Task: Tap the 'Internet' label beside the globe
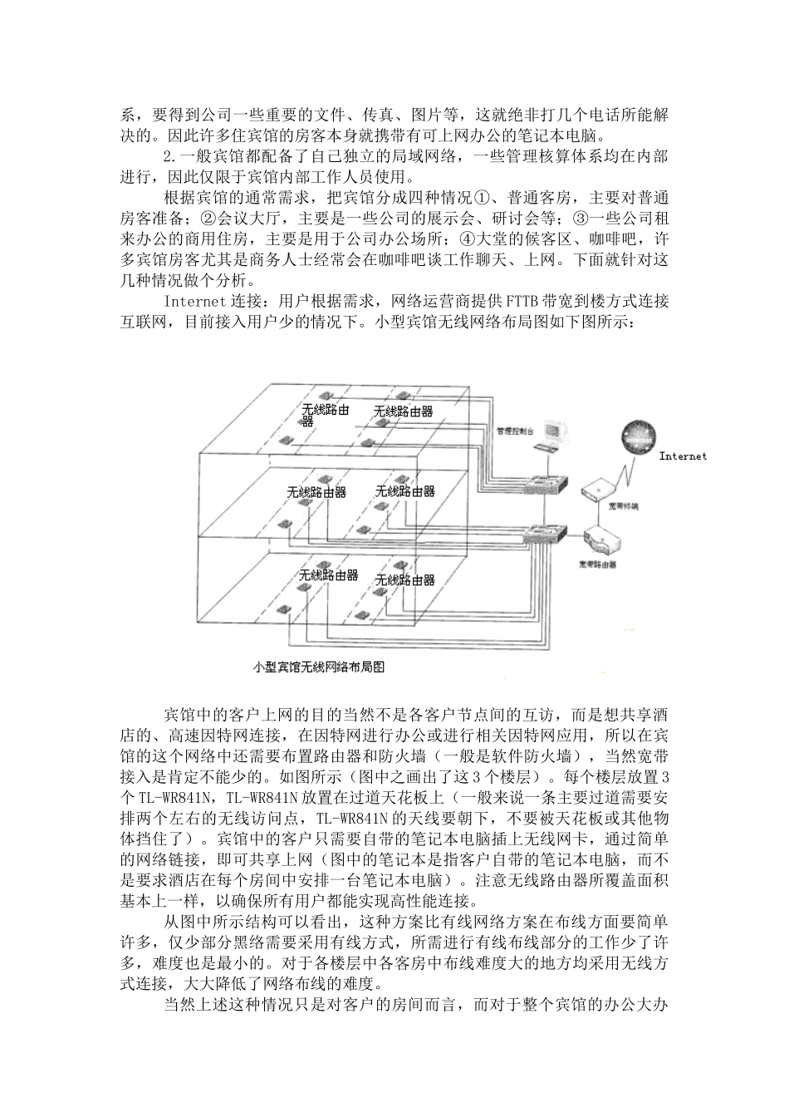pos(683,455)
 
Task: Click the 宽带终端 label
pos(623,505)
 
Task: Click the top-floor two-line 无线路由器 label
pos(326,414)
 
